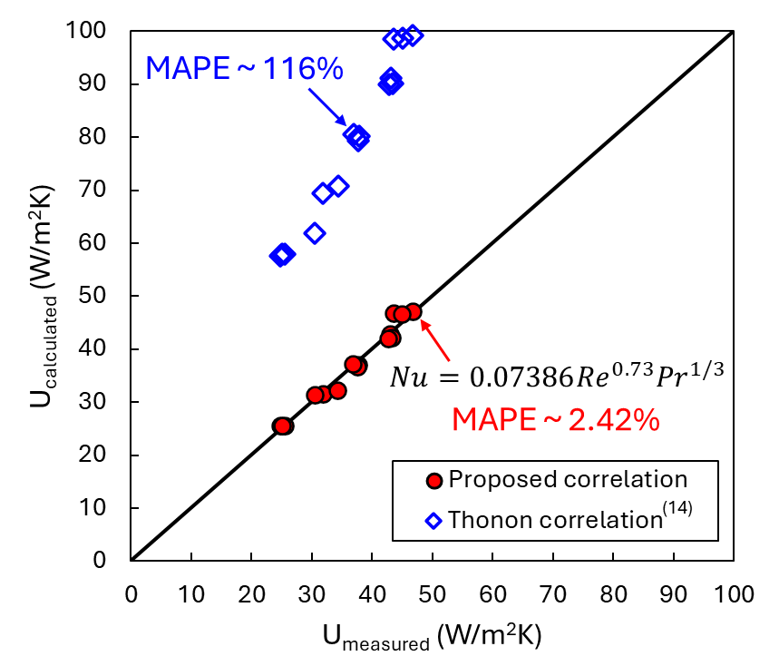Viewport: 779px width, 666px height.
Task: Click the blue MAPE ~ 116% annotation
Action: point(244,68)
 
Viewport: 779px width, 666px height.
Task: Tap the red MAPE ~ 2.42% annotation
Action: point(555,420)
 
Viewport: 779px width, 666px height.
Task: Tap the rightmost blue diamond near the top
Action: point(413,35)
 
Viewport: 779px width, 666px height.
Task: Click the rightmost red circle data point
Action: point(413,312)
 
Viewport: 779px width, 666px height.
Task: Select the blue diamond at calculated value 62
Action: point(315,232)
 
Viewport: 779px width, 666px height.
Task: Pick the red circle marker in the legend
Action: point(435,480)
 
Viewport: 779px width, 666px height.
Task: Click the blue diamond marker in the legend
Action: point(435,520)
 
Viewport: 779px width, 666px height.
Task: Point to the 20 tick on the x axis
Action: point(251,595)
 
